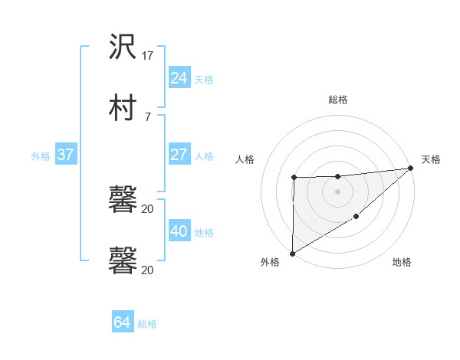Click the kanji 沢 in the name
pos(123,48)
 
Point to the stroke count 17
pos(148,56)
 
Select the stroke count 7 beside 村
pos(147,116)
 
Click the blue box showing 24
pos(179,77)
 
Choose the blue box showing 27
pos(179,155)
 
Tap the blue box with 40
pos(179,231)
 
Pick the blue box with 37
pos(65,155)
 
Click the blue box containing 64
pos(122,322)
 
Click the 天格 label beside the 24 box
pos(204,79)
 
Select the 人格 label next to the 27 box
pos(204,156)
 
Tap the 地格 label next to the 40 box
pos(204,233)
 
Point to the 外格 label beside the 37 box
pos(41,156)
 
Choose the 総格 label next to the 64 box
pos(147,324)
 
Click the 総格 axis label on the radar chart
pos(337,100)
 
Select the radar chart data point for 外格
pos(292,253)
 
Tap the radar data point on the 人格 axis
pos(294,178)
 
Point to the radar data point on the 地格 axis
pos(356,217)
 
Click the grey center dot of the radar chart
pos(337,191)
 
